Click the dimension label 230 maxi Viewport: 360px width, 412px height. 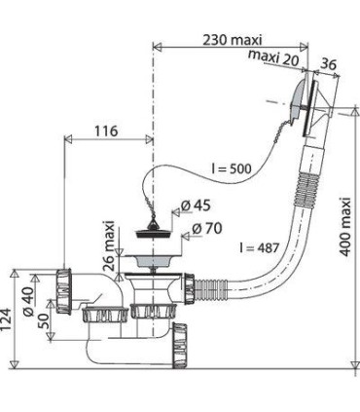point(232,40)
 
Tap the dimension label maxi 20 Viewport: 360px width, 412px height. point(273,57)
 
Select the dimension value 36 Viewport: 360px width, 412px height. point(329,64)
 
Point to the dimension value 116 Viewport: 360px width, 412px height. point(106,131)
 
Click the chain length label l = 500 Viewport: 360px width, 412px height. point(232,169)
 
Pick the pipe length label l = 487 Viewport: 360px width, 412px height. point(259,247)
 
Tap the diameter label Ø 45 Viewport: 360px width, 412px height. point(196,206)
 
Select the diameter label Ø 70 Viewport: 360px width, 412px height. point(207,229)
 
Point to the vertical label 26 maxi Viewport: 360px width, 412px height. point(110,245)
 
